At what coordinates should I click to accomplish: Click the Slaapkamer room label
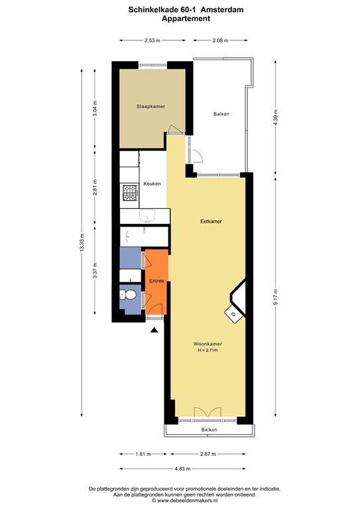[x=150, y=106]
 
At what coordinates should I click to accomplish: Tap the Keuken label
[x=152, y=184]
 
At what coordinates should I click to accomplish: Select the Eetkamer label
[x=210, y=222]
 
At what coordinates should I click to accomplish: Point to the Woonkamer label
[x=208, y=344]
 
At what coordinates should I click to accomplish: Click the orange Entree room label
[x=156, y=281]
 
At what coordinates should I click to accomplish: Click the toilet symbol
[x=129, y=296]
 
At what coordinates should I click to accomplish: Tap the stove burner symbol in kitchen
[x=129, y=193]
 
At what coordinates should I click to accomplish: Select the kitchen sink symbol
[x=147, y=216]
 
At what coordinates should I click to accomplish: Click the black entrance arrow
[x=154, y=329]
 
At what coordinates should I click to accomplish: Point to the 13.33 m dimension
[x=82, y=243]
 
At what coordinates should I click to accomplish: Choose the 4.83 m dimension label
[x=179, y=468]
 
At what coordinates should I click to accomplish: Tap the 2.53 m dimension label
[x=152, y=40]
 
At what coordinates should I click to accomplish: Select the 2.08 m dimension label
[x=220, y=40]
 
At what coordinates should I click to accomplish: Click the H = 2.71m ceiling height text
[x=208, y=350]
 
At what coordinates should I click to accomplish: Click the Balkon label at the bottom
[x=209, y=430]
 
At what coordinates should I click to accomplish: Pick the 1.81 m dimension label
[x=143, y=454]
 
